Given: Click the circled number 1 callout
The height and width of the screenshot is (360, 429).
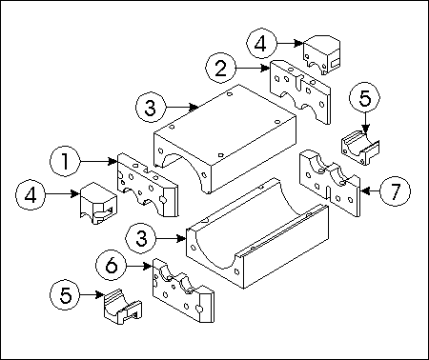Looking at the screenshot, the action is [65, 161].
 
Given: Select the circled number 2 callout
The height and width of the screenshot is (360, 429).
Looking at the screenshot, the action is [221, 69].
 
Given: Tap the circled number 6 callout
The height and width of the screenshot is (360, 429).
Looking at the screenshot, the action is [112, 266].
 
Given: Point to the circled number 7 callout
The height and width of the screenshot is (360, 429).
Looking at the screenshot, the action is [395, 191].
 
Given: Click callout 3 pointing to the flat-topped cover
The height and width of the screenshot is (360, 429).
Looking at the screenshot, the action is [151, 107].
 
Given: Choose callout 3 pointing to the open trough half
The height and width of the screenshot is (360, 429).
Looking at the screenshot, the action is [141, 238].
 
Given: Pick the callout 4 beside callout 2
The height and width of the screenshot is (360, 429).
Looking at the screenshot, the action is [261, 43].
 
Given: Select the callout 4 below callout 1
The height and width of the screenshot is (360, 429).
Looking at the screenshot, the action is [31, 194].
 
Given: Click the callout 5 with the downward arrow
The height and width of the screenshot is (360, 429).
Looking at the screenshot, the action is [365, 98].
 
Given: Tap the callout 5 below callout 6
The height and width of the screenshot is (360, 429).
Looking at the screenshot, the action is [65, 295].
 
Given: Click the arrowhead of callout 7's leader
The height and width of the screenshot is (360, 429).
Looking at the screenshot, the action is [365, 191].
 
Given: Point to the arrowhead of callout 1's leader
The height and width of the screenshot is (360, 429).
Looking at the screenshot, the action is [112, 161].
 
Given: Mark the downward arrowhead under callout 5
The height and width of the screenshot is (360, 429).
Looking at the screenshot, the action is [365, 128].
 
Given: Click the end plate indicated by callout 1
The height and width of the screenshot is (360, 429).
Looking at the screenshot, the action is [147, 184].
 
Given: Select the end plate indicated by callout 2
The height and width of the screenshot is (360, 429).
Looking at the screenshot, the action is [300, 91].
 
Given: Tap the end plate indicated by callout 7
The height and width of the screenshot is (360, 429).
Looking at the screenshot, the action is [330, 184].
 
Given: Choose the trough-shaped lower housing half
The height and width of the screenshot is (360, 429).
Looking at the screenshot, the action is [257, 233].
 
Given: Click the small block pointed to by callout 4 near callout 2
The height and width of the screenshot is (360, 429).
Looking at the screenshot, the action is [321, 54].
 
